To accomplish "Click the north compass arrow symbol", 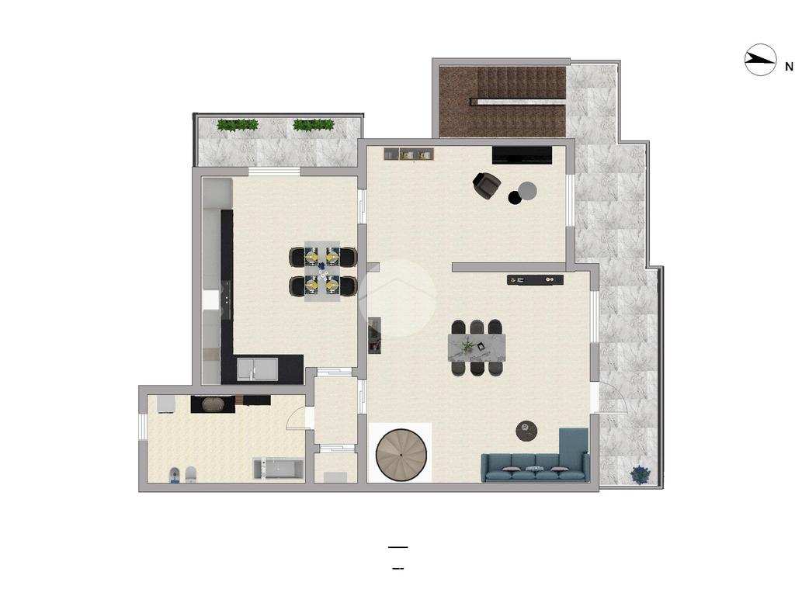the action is pyautogui.click(x=760, y=61).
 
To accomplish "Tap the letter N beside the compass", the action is pyautogui.click(x=789, y=67).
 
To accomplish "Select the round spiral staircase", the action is pyautogui.click(x=401, y=455).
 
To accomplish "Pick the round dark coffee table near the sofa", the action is pyautogui.click(x=527, y=431).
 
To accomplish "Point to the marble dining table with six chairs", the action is pyautogui.click(x=477, y=348).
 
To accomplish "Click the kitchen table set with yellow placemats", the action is pyautogui.click(x=322, y=271).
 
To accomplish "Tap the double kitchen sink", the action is pyautogui.click(x=258, y=369).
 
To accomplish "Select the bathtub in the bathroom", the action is pyautogui.click(x=279, y=469).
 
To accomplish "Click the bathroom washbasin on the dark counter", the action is pyautogui.click(x=213, y=404).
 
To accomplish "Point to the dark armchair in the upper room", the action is pyautogui.click(x=486, y=185).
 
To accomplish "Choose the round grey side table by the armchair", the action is pyautogui.click(x=527, y=191).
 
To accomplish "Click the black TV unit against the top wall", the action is pyautogui.click(x=522, y=155).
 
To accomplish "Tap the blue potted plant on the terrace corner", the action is pyautogui.click(x=641, y=475).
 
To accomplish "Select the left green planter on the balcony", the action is pyautogui.click(x=238, y=125).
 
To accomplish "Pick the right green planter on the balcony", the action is pyautogui.click(x=314, y=125).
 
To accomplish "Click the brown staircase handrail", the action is pyautogui.click(x=517, y=102).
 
